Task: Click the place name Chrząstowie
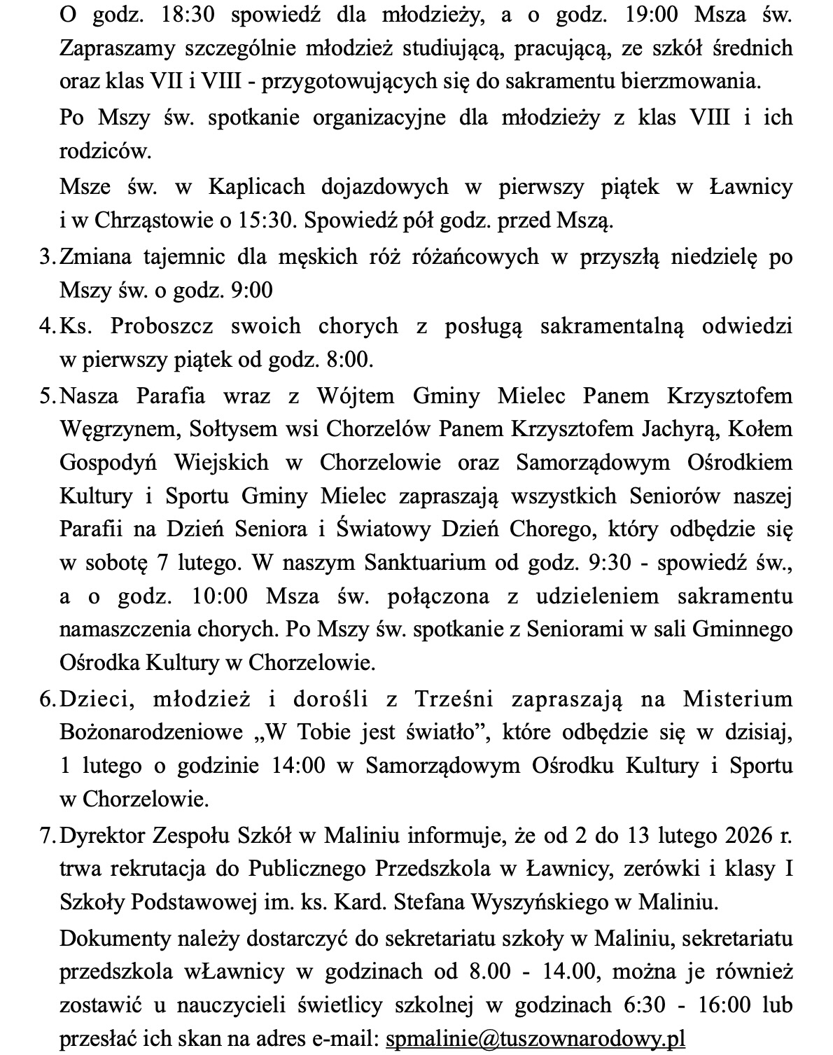(x=158, y=221)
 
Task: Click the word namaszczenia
(x=125, y=629)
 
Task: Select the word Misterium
(x=738, y=699)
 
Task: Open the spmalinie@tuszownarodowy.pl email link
(x=535, y=1037)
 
